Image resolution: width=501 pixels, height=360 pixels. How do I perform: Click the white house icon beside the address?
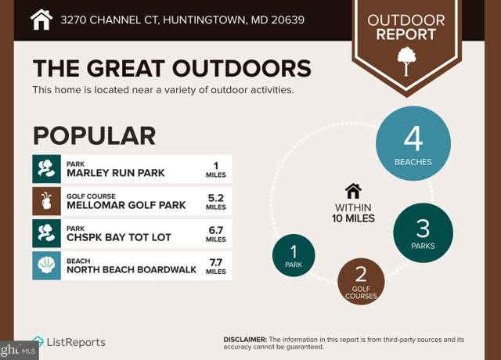click(41, 20)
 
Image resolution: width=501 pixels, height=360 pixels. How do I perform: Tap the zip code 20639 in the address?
click(287, 20)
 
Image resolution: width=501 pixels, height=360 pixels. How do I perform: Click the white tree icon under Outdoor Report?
click(406, 61)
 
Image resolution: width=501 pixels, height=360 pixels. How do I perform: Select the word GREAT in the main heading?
click(125, 68)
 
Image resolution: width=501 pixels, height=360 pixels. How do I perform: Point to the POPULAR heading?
click(94, 135)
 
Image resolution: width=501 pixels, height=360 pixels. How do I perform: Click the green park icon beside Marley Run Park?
click(46, 169)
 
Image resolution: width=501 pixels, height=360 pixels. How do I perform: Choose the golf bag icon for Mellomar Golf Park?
click(46, 201)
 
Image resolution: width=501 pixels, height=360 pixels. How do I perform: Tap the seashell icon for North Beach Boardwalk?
click(46, 265)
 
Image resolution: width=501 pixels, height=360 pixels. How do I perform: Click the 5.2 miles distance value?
click(216, 202)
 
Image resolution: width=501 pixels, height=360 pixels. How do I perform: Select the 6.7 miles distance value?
click(216, 234)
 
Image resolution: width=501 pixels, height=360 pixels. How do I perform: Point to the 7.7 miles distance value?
click(216, 266)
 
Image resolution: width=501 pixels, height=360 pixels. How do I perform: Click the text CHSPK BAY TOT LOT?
click(119, 237)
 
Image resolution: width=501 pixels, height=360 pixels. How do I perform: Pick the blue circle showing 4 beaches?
click(413, 143)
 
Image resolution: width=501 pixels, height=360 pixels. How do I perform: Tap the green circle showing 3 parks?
click(423, 233)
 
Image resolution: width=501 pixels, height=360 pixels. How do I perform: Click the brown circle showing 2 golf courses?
click(361, 282)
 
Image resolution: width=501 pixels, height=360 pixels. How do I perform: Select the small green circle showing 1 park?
click(294, 255)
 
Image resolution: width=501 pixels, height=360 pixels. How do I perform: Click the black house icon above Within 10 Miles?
click(353, 191)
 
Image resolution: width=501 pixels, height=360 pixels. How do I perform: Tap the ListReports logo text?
click(76, 342)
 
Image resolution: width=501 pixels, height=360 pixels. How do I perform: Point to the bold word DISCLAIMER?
click(245, 340)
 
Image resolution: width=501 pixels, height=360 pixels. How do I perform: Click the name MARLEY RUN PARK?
click(115, 173)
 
